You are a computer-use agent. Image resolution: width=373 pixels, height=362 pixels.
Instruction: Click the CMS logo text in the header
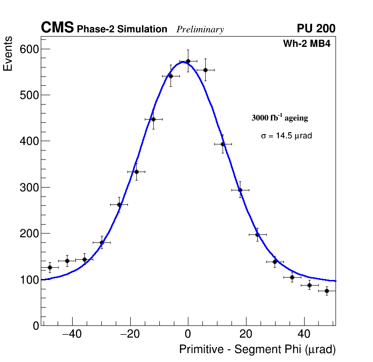pos(57,28)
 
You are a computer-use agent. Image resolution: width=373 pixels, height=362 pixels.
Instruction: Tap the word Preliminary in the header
pos(200,30)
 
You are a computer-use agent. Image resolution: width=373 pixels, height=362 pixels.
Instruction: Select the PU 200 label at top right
pos(316,29)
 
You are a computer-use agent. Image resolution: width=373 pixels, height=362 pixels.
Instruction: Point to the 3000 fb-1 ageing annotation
pos(280,118)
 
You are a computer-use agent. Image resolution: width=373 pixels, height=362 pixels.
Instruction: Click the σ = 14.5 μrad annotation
pos(286,136)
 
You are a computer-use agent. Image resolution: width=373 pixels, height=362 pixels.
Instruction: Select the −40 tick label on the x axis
pos(72,334)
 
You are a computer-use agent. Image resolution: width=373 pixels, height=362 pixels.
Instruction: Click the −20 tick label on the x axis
pos(130,334)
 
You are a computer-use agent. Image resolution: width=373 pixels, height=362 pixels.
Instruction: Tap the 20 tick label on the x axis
pos(246,334)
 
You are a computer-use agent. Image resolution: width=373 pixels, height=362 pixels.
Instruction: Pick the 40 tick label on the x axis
pos(304,334)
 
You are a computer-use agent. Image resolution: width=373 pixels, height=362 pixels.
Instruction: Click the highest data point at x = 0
pos(188,61)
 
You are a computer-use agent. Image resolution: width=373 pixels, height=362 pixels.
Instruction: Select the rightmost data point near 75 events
pos(327,291)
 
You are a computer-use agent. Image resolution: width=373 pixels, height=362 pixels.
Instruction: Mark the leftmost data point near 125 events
pos(50,267)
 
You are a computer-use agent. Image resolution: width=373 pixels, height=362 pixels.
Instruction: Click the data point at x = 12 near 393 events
pos(223,144)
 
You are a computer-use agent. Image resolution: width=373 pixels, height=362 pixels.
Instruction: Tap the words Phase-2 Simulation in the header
pos(122,30)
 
